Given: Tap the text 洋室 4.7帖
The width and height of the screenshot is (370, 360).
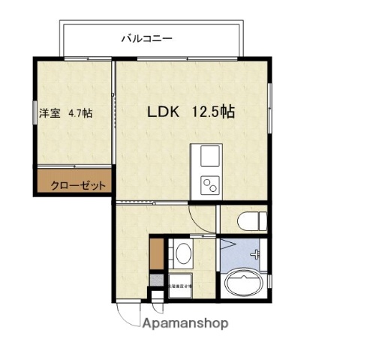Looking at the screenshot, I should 66,114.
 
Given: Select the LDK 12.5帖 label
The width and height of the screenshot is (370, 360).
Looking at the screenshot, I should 191,113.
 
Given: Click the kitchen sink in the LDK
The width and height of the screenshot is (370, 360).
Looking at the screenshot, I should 207,157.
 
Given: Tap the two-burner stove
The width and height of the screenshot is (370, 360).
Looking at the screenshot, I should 207,183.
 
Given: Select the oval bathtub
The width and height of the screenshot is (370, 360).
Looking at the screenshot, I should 244,283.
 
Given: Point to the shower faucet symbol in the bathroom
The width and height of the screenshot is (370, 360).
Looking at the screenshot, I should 257,253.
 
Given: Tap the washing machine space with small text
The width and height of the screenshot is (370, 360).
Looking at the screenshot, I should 179,286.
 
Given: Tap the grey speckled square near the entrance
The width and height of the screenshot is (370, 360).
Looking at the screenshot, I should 155,280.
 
